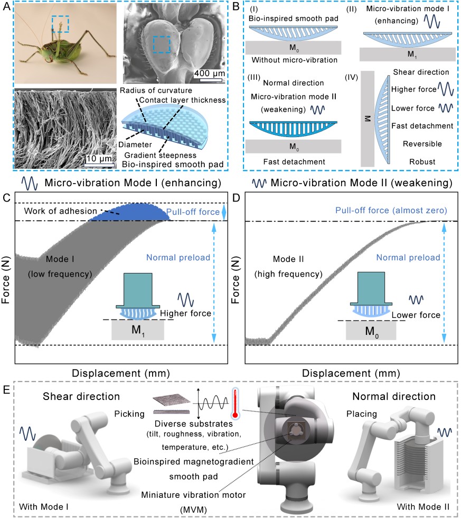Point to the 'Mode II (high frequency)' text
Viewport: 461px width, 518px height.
pyautogui.click(x=296, y=267)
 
